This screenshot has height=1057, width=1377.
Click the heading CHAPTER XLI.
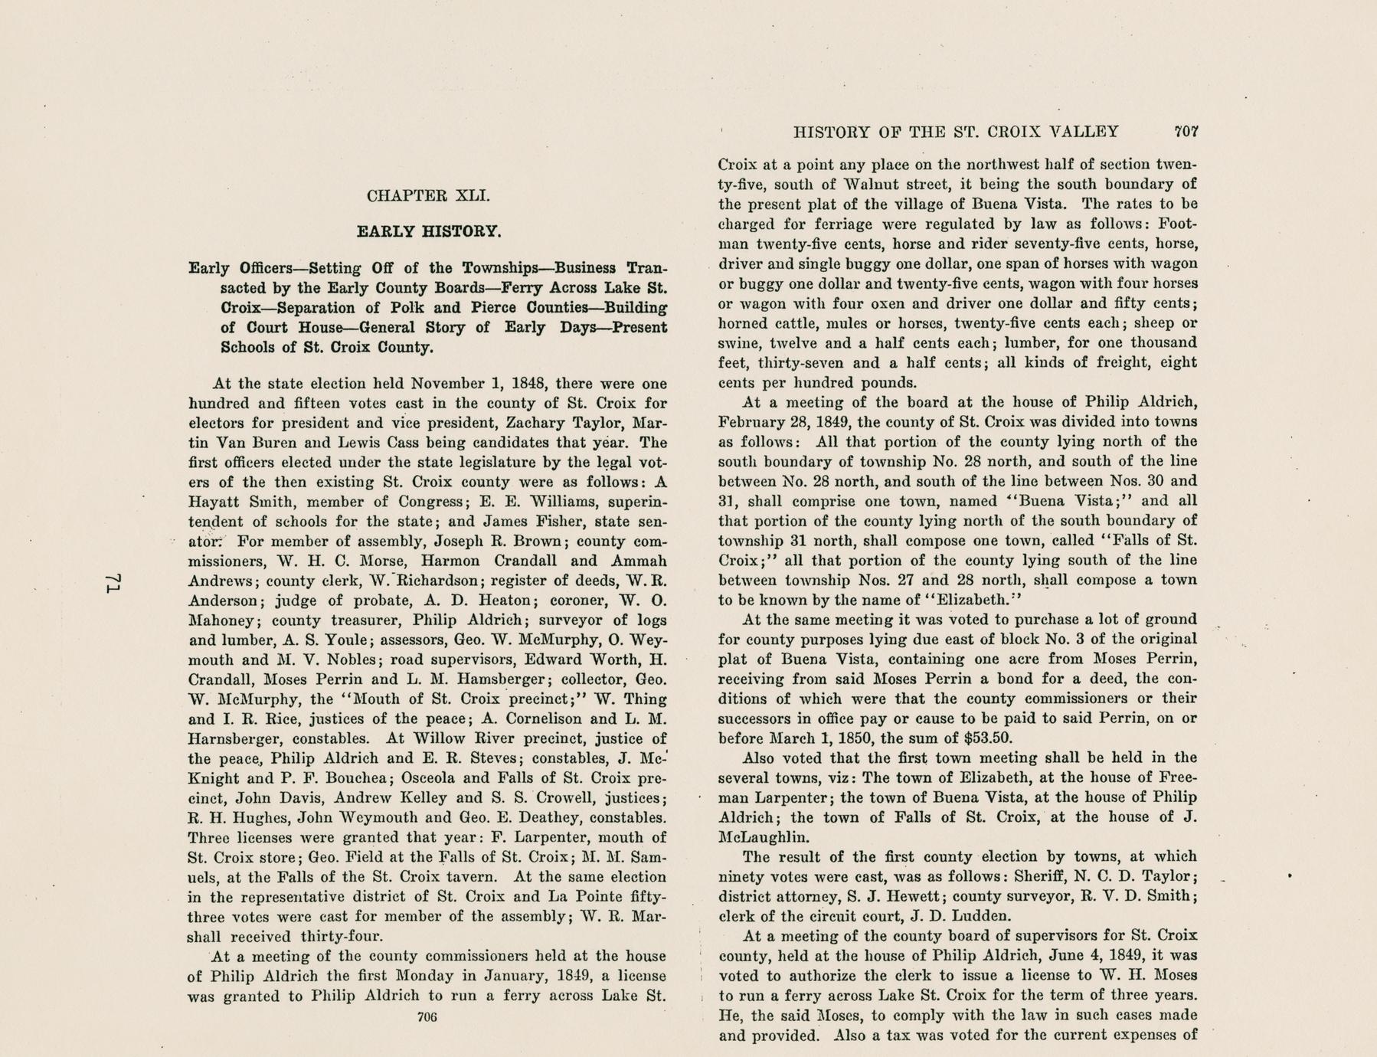point(428,195)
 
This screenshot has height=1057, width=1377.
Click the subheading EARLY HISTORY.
point(429,231)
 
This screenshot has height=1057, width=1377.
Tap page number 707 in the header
point(1186,132)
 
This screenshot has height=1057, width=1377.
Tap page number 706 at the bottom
point(427,1017)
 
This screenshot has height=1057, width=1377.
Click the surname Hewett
point(868,896)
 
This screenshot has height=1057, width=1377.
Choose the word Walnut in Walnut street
point(873,185)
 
